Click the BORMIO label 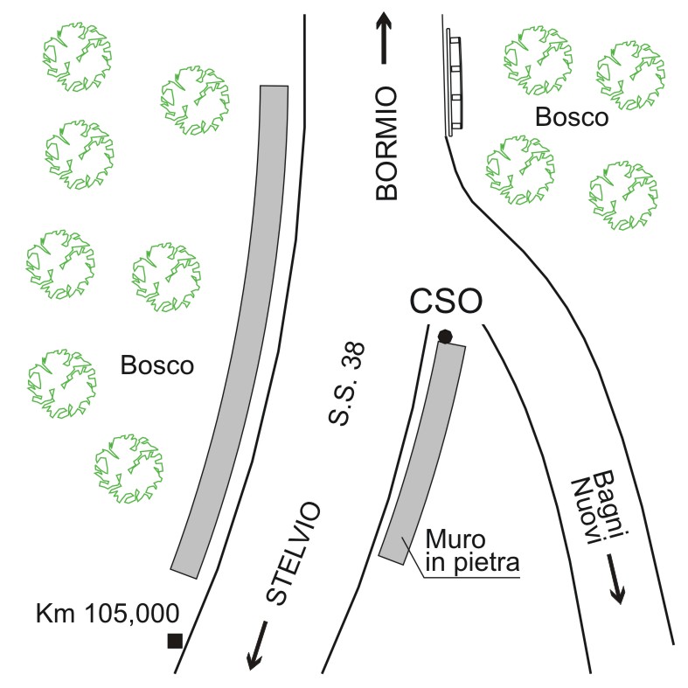tap(387, 145)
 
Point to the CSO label tap(447, 302)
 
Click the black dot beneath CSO tap(445, 337)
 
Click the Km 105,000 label tap(108, 613)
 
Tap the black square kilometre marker tap(175, 641)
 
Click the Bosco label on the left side tap(157, 365)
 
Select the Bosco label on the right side tap(571, 117)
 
